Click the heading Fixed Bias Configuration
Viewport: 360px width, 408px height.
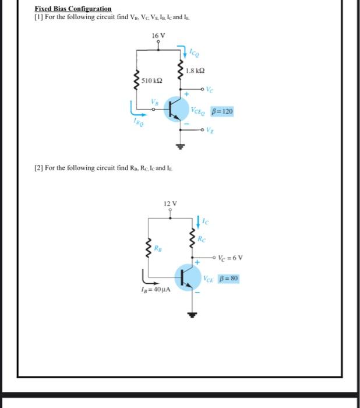pyautogui.click(x=73, y=9)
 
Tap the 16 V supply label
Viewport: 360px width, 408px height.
pyautogui.click(x=158, y=36)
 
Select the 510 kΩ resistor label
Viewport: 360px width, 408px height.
pyautogui.click(x=152, y=80)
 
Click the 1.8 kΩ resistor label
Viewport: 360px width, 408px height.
pyautogui.click(x=196, y=71)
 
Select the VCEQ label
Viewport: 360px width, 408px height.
pyautogui.click(x=199, y=111)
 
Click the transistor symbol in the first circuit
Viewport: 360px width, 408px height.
pyautogui.click(x=176, y=108)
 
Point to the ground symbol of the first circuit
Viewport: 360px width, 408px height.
pyautogui.click(x=181, y=147)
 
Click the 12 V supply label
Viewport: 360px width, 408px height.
pyautogui.click(x=170, y=203)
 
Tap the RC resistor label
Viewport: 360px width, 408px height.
pyautogui.click(x=202, y=238)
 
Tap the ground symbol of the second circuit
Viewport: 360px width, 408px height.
pyautogui.click(x=193, y=316)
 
